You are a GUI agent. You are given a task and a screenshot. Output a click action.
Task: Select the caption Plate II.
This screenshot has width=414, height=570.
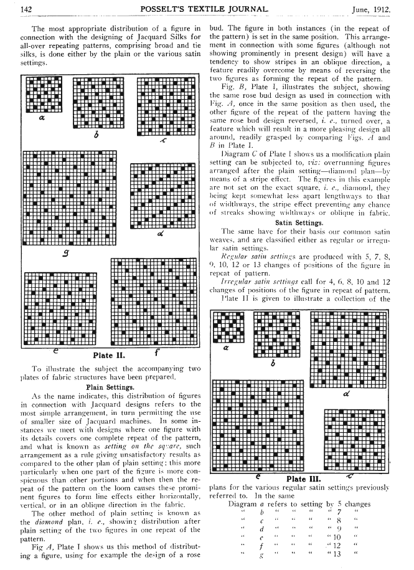[111, 356]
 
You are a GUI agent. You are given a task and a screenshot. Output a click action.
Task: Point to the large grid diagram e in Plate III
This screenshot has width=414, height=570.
[261, 424]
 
